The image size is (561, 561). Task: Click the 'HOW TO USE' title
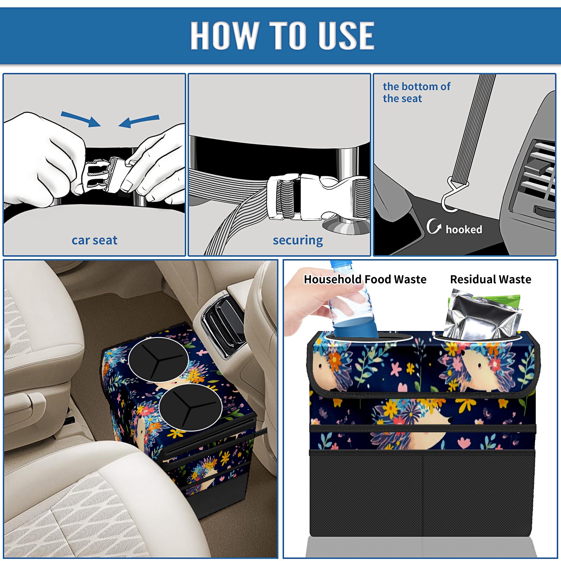coord(282,35)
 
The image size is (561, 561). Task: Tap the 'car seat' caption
coord(94,240)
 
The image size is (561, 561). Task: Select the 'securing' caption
coord(298,240)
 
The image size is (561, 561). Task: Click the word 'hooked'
coord(464,229)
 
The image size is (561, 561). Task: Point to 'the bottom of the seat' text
coord(416,93)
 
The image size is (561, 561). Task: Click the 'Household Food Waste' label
coord(365,279)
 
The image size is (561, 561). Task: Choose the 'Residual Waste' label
coord(491,279)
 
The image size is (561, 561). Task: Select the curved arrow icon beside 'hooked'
coord(434,226)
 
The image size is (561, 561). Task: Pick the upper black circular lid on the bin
coord(158,360)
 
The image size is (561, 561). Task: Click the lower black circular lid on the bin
coord(190,407)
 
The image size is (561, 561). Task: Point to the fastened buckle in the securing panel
coord(317,197)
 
